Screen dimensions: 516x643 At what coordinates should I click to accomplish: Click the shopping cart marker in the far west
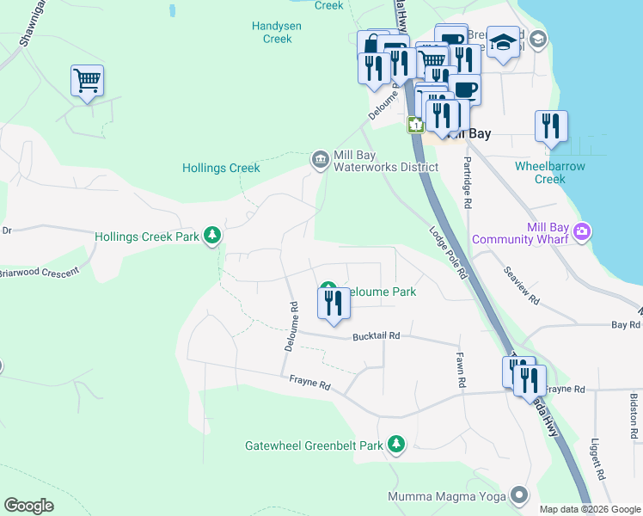coord(87,82)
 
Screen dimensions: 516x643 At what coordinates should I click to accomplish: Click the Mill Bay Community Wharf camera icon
coord(583,231)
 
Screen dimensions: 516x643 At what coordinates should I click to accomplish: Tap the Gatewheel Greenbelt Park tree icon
coord(395,445)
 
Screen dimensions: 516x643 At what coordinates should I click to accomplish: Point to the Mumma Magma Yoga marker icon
coord(518,494)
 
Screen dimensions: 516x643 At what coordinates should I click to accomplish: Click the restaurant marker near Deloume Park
coord(334,304)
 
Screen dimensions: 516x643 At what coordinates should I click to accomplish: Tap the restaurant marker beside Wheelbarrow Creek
coord(551,126)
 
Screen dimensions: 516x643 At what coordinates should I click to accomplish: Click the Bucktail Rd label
coord(377,336)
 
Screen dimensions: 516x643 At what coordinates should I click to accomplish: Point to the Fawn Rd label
coord(462,369)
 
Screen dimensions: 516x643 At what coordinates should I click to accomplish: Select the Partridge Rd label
coord(468,183)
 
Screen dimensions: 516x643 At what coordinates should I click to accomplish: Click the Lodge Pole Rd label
coord(448,252)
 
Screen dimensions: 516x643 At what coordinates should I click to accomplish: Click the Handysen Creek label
coord(277,32)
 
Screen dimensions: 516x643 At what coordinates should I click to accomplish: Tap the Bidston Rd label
coord(634,413)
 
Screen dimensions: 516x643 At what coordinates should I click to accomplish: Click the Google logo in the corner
coord(29,506)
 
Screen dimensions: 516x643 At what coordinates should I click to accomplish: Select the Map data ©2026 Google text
coord(590,509)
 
